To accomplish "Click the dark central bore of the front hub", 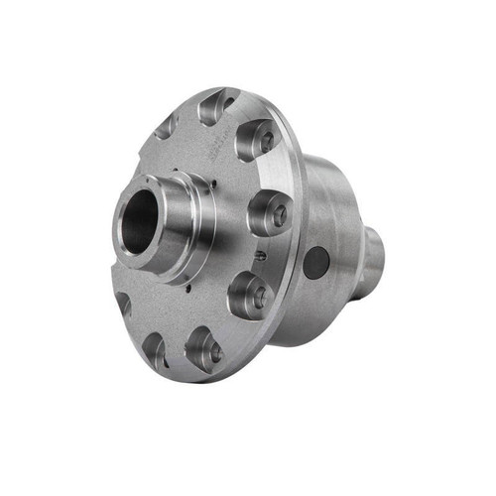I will [141, 221].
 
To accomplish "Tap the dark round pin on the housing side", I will [315, 262].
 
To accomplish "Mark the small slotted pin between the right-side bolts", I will [260, 255].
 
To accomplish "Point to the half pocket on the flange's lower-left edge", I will [123, 303].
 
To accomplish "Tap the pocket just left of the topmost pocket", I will [167, 126].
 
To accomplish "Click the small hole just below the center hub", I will [187, 289].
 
